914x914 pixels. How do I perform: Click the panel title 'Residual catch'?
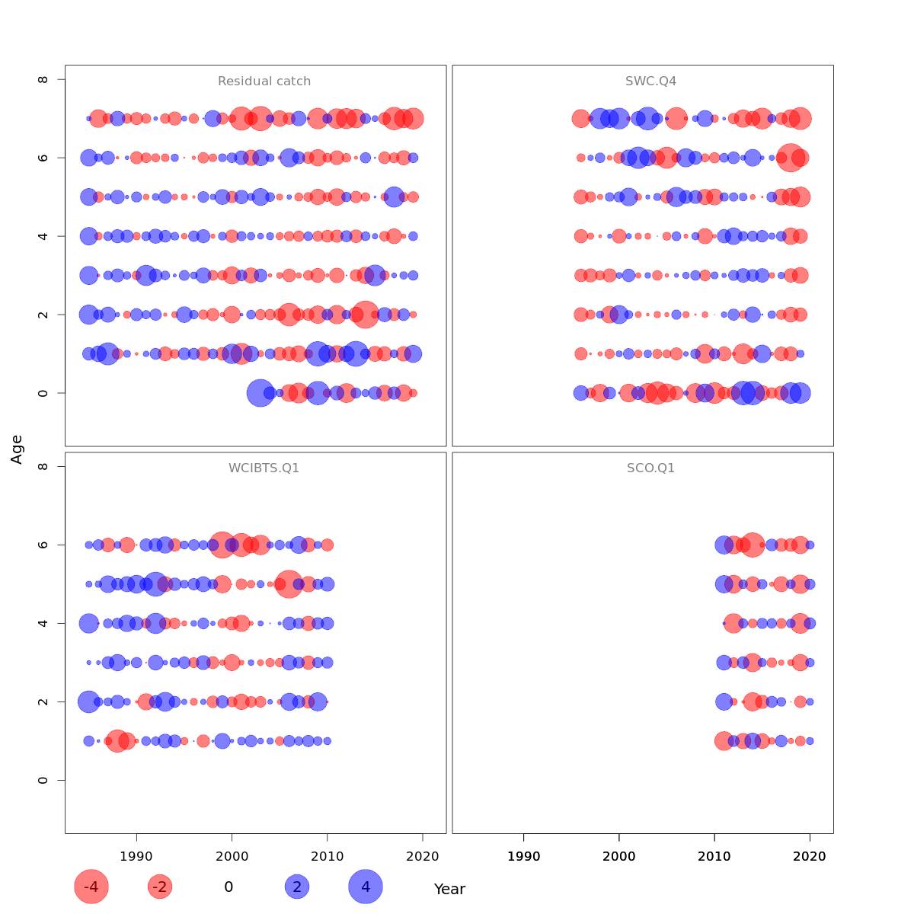tap(264, 81)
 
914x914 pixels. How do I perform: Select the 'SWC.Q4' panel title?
tap(650, 81)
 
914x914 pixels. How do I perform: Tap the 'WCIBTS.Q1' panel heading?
tap(264, 468)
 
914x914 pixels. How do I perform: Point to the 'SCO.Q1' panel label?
tap(650, 468)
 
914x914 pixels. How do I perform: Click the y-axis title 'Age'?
tap(17, 449)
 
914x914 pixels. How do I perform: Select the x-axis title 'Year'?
tap(449, 889)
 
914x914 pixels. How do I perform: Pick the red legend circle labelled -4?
tap(91, 887)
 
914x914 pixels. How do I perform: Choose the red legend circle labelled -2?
tap(160, 887)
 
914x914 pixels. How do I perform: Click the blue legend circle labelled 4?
tap(366, 887)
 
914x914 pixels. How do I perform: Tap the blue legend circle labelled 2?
tap(297, 887)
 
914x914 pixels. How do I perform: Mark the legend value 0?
tap(228, 887)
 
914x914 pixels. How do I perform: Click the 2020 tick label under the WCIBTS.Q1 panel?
tap(423, 856)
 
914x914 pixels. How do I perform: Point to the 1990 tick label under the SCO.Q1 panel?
tap(524, 856)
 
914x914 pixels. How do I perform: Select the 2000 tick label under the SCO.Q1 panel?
tap(619, 856)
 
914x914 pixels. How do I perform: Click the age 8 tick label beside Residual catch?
tap(44, 79)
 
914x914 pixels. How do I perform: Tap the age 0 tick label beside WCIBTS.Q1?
tap(44, 780)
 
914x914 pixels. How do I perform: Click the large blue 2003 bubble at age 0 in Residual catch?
tap(260, 393)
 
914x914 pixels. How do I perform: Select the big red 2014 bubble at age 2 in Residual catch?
tap(366, 315)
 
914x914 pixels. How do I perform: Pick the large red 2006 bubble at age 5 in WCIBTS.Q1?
tap(289, 584)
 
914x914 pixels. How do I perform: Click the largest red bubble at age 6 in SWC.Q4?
tap(791, 158)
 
